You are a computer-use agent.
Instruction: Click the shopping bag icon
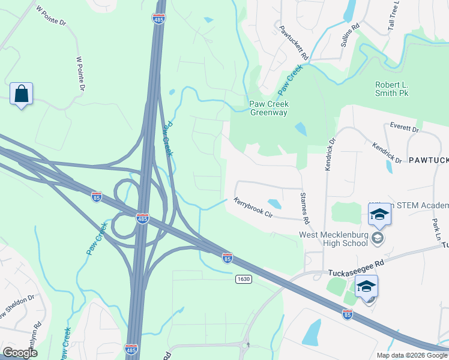pyautogui.click(x=21, y=94)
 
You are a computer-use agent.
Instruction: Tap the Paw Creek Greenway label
pyautogui.click(x=269, y=108)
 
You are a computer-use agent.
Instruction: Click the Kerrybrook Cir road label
pyautogui.click(x=253, y=208)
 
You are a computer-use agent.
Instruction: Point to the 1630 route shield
pyautogui.click(x=244, y=279)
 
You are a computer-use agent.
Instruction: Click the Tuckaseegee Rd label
pyautogui.click(x=355, y=272)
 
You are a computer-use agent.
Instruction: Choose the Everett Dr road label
pyautogui.click(x=403, y=128)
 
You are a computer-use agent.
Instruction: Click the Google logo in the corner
pyautogui.click(x=20, y=353)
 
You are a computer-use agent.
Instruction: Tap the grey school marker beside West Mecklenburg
pyautogui.click(x=377, y=239)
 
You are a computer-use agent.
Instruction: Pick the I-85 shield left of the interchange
pyautogui.click(x=97, y=196)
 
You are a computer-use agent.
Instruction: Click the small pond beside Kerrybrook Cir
pyautogui.click(x=274, y=204)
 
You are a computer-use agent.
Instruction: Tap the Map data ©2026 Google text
pyautogui.click(x=411, y=355)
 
